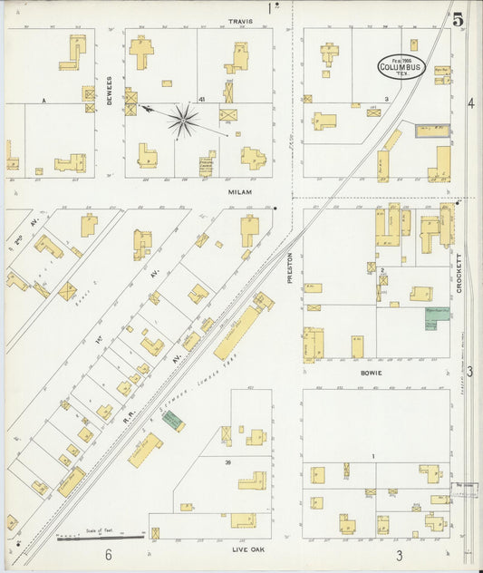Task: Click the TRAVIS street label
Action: pyautogui.click(x=240, y=20)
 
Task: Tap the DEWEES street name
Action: pyautogui.click(x=109, y=90)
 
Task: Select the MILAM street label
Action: pyautogui.click(x=239, y=192)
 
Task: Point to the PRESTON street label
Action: pyautogui.click(x=291, y=267)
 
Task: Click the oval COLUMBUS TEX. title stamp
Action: pyautogui.click(x=401, y=66)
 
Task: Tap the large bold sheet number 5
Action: pyautogui.click(x=459, y=19)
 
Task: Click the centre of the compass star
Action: pyautogui.click(x=183, y=119)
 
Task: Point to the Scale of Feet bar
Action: pyautogui.click(x=100, y=537)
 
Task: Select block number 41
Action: pyautogui.click(x=203, y=99)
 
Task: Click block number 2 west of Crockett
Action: pyautogui.click(x=384, y=270)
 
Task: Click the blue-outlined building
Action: pyautogui.click(x=432, y=131)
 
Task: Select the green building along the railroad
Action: pyautogui.click(x=172, y=421)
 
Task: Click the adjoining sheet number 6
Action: pyautogui.click(x=107, y=554)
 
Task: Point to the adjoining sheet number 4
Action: pyautogui.click(x=470, y=102)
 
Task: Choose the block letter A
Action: pyautogui.click(x=43, y=100)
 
